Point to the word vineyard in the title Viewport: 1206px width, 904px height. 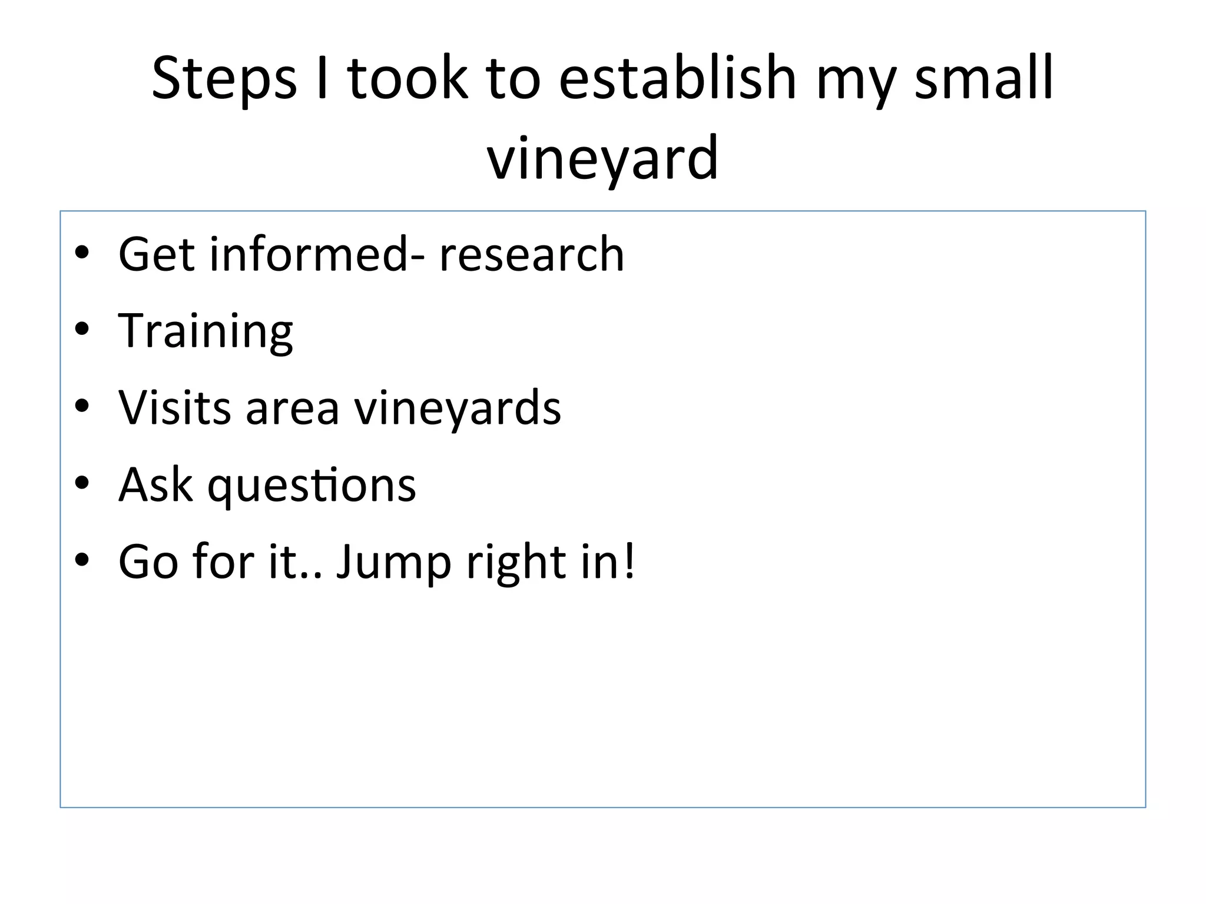602,158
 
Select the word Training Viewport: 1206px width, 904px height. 206,331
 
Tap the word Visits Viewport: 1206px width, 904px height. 174,407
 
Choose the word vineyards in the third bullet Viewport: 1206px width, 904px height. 457,407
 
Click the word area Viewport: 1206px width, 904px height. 292,407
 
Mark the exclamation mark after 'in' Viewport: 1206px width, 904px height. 630,561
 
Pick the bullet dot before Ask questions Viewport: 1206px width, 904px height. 82,483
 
